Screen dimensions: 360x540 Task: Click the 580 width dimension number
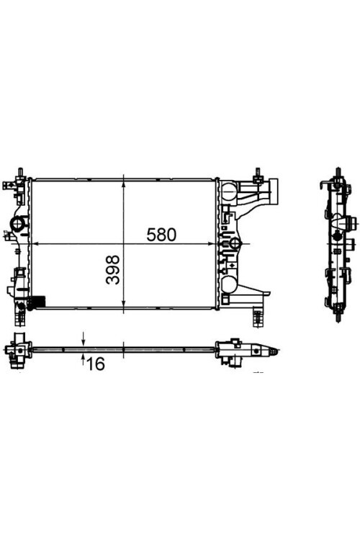click(161, 235)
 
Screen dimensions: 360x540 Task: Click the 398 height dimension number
click(112, 270)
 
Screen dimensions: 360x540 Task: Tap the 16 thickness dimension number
click(96, 364)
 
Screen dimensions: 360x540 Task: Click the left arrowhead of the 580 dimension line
click(36, 244)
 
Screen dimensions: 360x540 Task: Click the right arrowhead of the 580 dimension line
click(212, 244)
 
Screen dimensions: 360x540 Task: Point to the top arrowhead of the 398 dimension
click(124, 184)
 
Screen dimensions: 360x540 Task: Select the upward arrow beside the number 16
click(83, 361)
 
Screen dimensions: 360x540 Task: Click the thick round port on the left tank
click(17, 223)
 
